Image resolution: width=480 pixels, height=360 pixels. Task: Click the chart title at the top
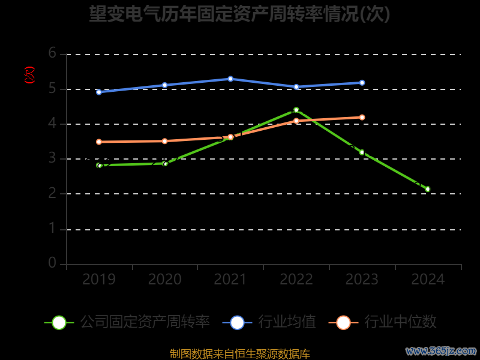click(x=240, y=13)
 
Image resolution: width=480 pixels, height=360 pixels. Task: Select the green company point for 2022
click(x=296, y=110)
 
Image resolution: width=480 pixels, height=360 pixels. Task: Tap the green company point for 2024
click(x=428, y=189)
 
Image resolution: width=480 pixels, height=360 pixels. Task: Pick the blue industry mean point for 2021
click(x=230, y=79)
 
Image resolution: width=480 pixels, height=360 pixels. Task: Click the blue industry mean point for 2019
click(x=99, y=92)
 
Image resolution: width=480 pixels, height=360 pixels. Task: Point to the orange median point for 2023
click(x=362, y=118)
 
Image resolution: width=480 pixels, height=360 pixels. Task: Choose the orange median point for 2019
click(x=99, y=142)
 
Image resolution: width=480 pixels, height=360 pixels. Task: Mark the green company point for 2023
click(x=362, y=152)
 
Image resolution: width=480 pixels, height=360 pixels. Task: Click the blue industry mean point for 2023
click(x=362, y=83)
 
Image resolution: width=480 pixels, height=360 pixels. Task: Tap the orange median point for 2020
click(x=165, y=141)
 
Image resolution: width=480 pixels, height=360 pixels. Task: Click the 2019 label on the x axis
click(x=99, y=279)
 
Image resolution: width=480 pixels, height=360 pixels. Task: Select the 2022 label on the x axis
click(x=296, y=279)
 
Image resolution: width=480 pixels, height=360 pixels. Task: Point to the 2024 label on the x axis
click(x=428, y=279)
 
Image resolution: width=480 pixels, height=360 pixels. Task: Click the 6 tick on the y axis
click(x=52, y=53)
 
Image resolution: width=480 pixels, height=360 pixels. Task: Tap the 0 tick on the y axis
click(x=52, y=263)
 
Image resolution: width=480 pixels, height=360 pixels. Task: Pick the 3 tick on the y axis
click(x=52, y=158)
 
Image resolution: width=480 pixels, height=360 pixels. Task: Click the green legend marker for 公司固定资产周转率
click(x=59, y=322)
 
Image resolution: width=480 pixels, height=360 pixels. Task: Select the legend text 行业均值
click(x=287, y=322)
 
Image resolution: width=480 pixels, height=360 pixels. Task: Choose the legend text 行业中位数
click(x=401, y=322)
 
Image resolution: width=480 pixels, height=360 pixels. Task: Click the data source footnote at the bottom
click(x=240, y=354)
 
